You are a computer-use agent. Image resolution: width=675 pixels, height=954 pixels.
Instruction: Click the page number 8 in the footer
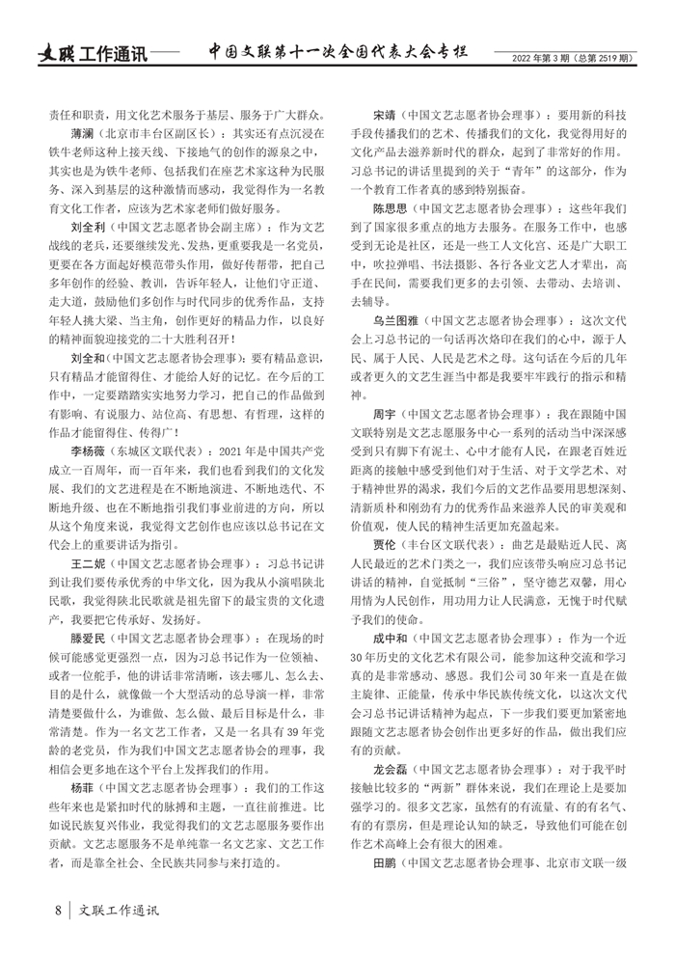pos(59,911)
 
